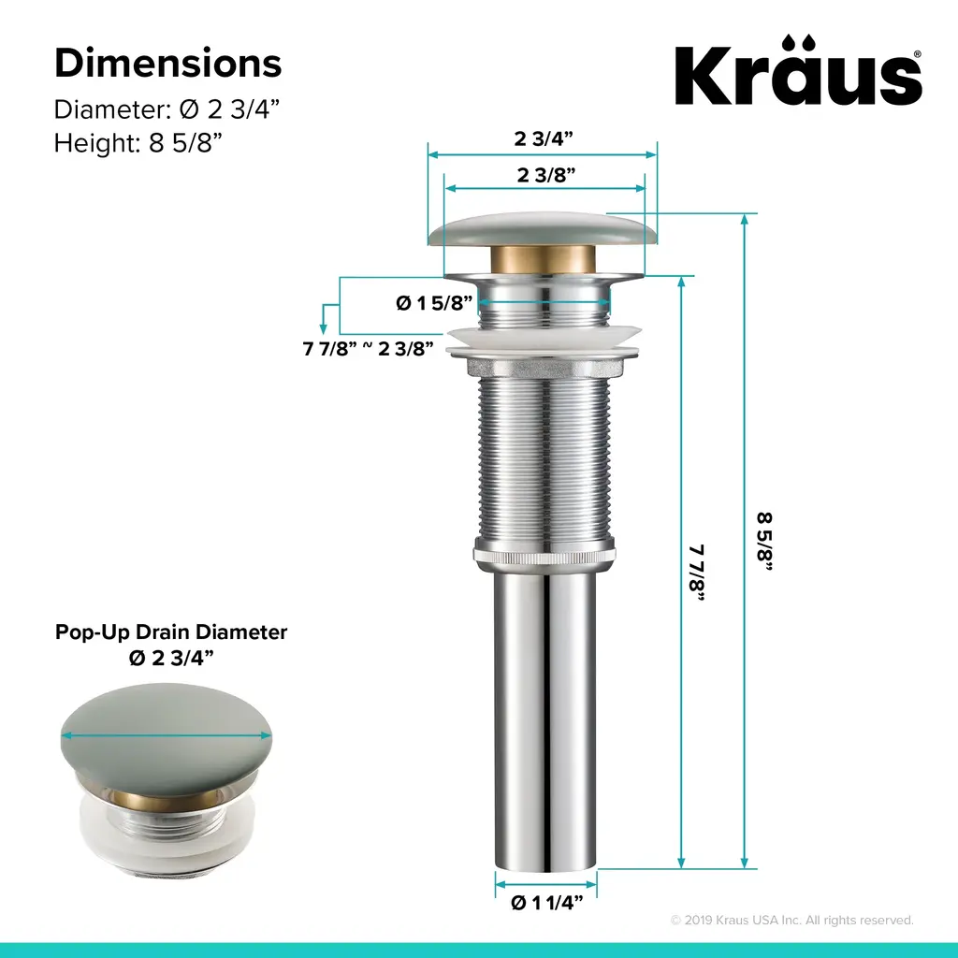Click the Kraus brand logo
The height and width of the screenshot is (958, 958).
(x=798, y=70)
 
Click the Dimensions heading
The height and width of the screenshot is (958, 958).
(x=168, y=63)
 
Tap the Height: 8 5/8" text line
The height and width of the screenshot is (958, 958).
(x=138, y=143)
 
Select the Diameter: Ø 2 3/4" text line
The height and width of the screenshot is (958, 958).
(x=167, y=110)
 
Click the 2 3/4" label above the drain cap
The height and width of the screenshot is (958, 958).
(x=544, y=138)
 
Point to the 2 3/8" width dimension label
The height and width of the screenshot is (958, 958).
(x=545, y=175)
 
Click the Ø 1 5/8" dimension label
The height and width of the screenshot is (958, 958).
(x=434, y=302)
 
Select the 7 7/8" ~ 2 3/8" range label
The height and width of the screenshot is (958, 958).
(x=368, y=348)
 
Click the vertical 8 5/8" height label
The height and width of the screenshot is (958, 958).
(x=764, y=542)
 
